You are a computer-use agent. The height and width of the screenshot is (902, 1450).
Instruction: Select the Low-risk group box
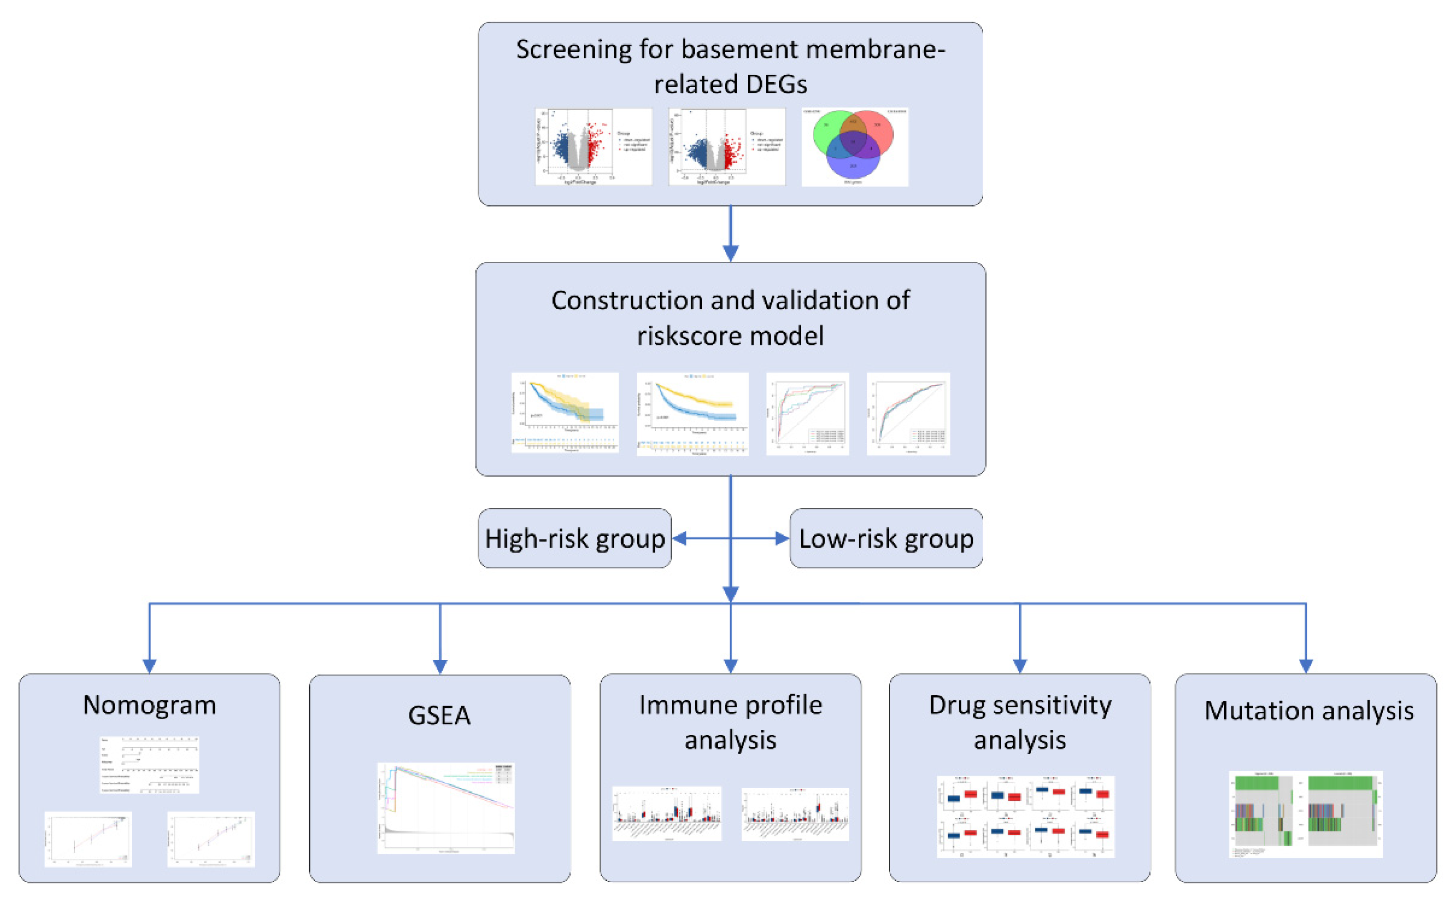pos(886,538)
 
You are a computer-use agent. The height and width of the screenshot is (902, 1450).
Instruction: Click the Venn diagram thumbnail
pos(854,147)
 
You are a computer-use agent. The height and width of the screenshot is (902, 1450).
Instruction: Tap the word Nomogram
pos(149,705)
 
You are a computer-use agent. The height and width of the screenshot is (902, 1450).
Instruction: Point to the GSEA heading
pos(440,715)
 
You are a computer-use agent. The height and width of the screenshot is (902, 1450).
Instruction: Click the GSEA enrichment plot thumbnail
pos(446,808)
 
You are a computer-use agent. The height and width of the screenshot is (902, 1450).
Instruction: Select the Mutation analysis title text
pos(1308,710)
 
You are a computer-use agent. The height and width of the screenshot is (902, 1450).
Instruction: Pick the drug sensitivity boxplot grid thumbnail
pos(1025,816)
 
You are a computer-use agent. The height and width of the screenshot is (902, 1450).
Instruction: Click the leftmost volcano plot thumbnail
pos(593,147)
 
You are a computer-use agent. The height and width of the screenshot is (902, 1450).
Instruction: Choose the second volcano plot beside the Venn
pos(727,147)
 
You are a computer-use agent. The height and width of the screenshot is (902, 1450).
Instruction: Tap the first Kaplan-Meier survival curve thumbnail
pos(565,413)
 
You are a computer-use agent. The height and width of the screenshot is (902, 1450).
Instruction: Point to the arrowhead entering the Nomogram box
pos(149,666)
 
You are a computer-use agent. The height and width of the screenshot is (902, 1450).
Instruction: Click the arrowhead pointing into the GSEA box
pos(440,666)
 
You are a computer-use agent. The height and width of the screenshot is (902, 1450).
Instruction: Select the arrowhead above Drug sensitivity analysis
pos(1020,666)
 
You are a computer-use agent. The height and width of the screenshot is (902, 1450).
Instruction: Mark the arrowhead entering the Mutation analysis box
pos(1306,666)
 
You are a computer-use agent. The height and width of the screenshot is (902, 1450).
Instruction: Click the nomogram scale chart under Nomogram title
pos(149,765)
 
